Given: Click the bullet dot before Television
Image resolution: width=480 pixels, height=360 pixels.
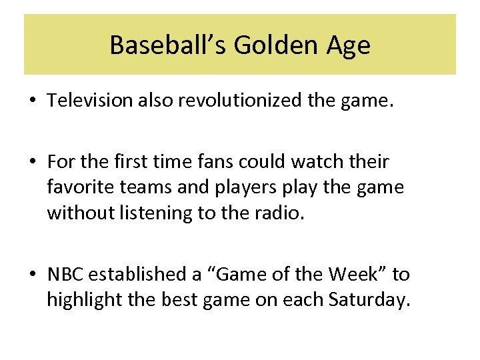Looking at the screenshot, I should click(33, 101).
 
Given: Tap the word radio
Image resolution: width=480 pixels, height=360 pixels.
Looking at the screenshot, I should click(281, 213).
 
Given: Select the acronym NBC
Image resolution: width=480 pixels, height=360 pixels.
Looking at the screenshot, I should click(65, 274).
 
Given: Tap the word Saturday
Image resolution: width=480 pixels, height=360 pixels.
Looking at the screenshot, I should click(367, 300).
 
